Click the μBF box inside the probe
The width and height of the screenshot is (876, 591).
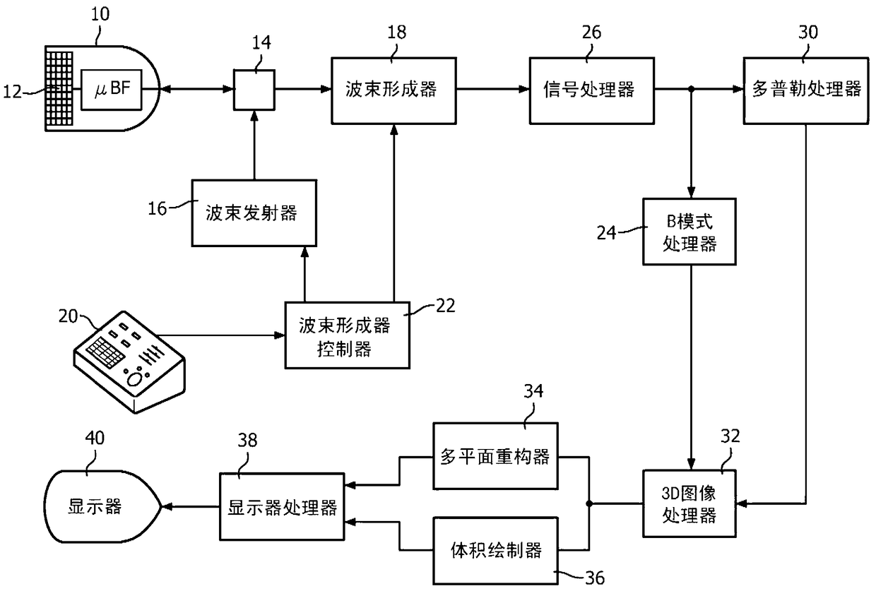pos(112,90)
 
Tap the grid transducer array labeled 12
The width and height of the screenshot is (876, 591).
pos(59,89)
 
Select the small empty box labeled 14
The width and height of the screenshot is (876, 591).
pos(254,90)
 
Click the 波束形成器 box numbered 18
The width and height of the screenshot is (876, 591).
pos(393,91)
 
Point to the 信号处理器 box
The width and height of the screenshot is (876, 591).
pos(592,91)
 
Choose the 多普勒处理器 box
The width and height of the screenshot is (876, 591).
pos(806,91)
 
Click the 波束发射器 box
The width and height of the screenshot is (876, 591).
pos(254,213)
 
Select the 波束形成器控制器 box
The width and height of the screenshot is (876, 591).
pos(348,335)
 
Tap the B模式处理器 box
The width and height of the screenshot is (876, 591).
pos(689,232)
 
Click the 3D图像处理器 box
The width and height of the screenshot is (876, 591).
pos(689,503)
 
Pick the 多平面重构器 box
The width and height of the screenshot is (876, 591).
pos(495,456)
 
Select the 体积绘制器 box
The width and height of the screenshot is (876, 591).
pos(495,551)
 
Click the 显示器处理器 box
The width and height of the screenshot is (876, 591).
pos(282,507)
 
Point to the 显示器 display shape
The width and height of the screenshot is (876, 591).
pos(102,507)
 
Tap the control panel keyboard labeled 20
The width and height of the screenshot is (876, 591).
pos(129,362)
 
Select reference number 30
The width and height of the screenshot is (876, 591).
pos(808,32)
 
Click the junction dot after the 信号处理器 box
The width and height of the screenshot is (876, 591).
pos(691,90)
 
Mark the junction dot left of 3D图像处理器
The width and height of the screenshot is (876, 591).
pos(589,504)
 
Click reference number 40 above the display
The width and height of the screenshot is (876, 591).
pos(95,438)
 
